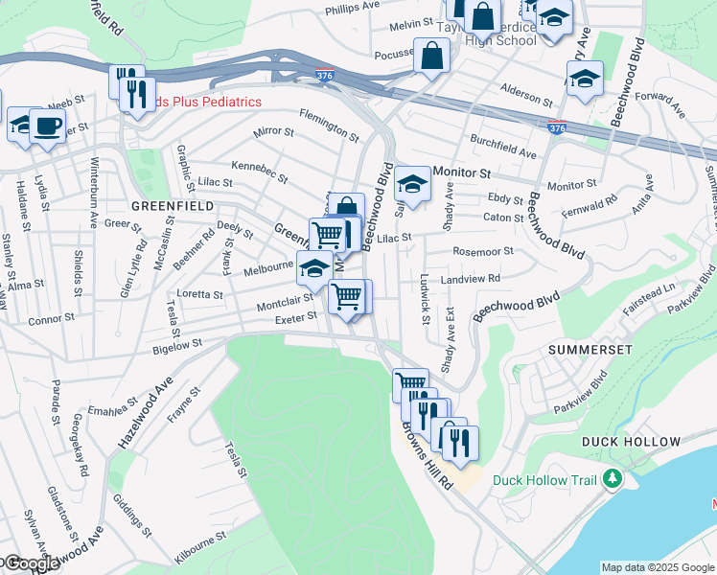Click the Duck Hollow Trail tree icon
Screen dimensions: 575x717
[x=611, y=480]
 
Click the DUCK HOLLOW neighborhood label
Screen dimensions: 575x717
[x=631, y=442]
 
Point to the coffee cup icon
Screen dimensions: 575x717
[x=47, y=126]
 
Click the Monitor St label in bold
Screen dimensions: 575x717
[x=461, y=172]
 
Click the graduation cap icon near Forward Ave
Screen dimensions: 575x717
[x=584, y=80]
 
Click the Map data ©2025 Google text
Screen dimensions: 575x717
[x=657, y=567]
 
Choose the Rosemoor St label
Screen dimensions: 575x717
[x=483, y=252]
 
